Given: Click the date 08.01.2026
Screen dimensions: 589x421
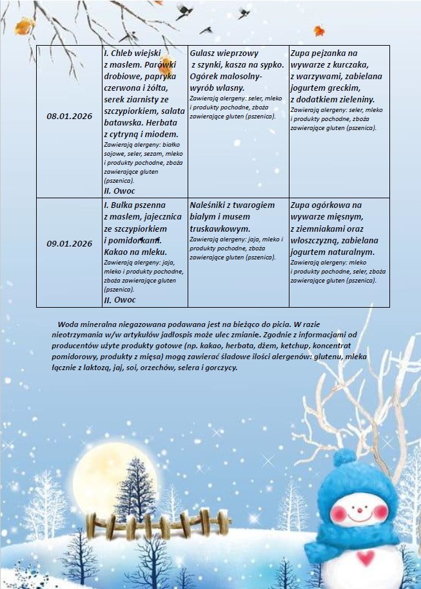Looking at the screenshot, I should (70, 117).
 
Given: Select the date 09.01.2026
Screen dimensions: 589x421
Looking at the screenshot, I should (70, 243).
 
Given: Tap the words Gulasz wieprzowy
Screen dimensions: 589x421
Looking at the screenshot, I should (217, 52).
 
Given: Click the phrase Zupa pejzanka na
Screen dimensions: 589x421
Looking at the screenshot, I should (324, 52).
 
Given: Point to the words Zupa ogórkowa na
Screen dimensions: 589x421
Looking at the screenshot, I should (326, 205).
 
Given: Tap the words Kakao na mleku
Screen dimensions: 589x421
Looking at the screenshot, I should (135, 252).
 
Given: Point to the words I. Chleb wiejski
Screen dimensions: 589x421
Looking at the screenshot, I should (132, 52).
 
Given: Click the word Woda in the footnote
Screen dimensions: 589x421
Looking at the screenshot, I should (68, 324).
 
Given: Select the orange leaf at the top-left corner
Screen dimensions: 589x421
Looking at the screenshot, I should (25, 26).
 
